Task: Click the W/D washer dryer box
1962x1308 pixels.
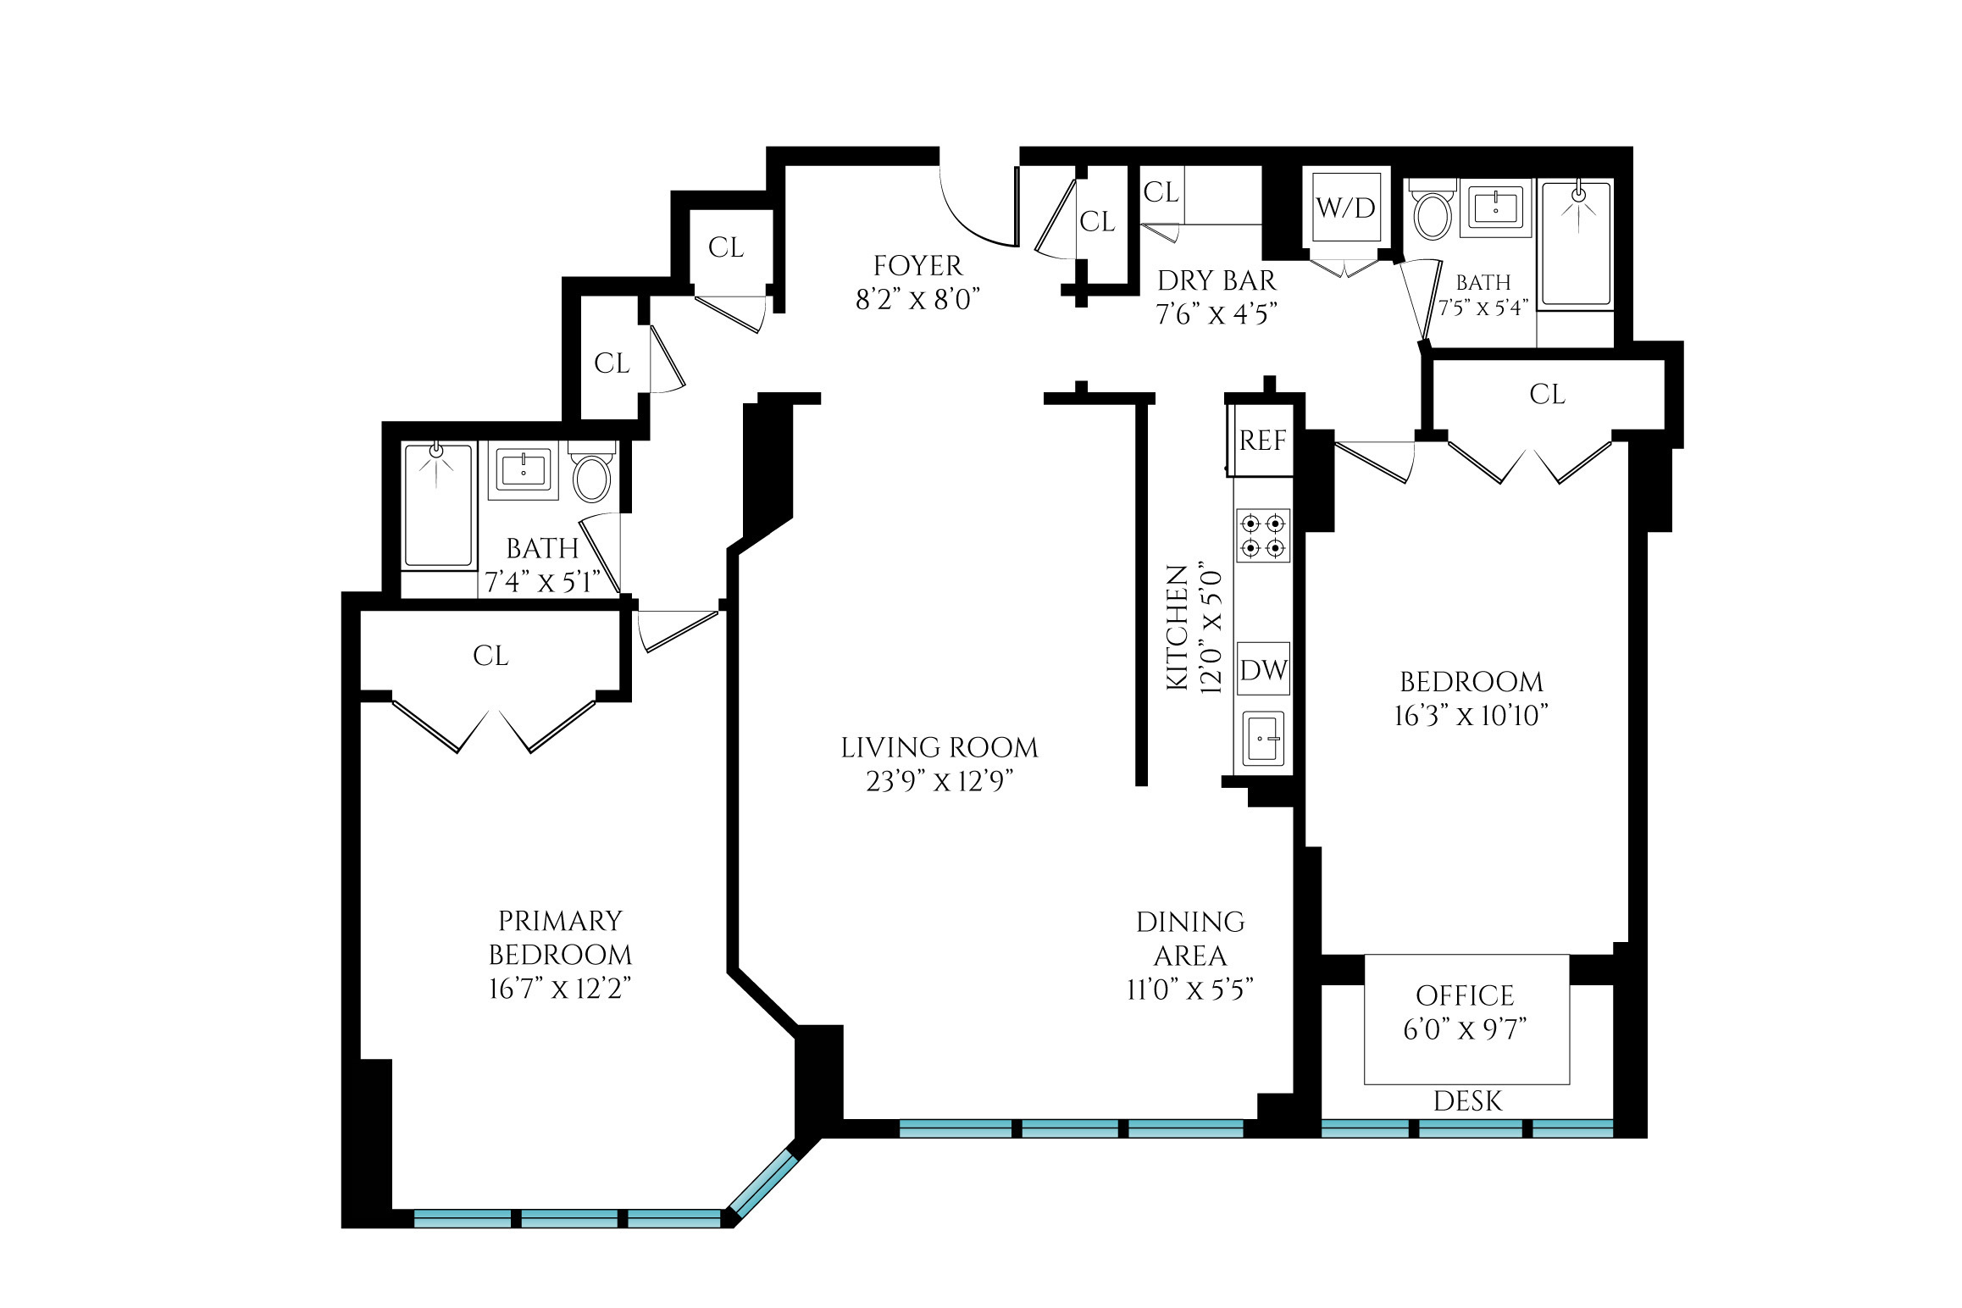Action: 1346,208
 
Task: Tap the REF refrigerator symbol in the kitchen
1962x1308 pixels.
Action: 1262,441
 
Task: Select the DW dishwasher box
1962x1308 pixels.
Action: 1263,670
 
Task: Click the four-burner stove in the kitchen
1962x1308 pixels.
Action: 1263,535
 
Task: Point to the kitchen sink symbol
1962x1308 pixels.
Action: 1263,739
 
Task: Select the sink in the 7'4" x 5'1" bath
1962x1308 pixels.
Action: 524,470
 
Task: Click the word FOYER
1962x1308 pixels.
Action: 917,266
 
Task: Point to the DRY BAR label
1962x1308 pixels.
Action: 1217,280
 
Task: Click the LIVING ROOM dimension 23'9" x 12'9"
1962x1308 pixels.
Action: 939,781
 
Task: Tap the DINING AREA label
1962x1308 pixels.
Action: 1190,939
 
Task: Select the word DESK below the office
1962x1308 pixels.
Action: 1467,1101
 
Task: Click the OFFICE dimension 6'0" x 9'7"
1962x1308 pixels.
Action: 1465,1029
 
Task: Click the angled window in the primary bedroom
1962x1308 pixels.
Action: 763,1183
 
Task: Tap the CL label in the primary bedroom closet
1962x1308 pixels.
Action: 490,656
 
